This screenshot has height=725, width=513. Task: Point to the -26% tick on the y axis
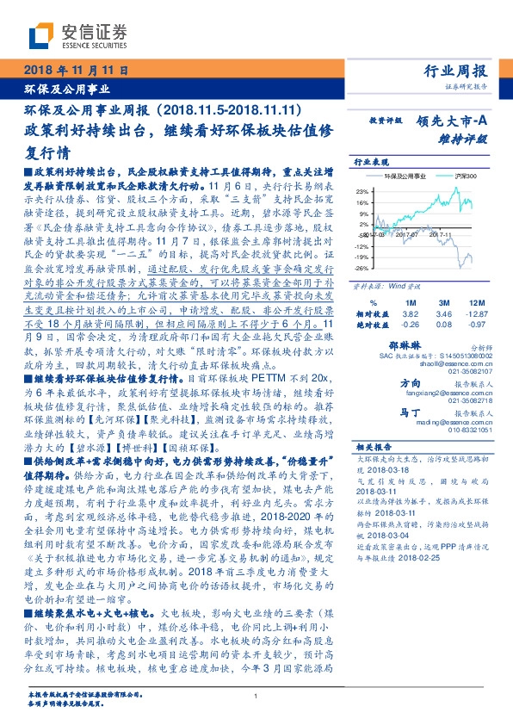(362, 268)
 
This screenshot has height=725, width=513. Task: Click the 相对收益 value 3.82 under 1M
(410, 314)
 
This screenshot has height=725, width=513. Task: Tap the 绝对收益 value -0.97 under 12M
(475, 325)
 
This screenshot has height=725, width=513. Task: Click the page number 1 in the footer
(256, 696)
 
